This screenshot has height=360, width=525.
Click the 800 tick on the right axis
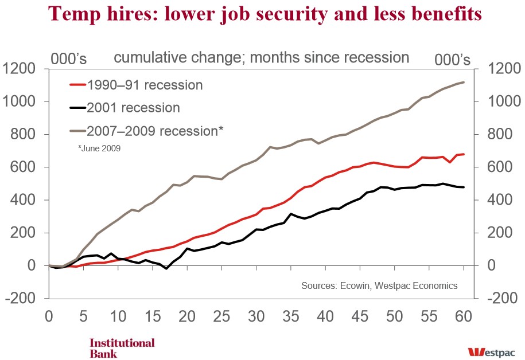click(499, 135)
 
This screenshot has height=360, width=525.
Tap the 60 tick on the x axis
click(464, 315)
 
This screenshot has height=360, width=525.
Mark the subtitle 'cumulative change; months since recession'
click(261, 58)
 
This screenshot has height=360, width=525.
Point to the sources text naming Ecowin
click(379, 285)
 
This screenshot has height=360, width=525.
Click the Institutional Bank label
click(122, 347)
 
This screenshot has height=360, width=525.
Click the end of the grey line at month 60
click(464, 83)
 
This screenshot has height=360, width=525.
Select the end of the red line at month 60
click(464, 154)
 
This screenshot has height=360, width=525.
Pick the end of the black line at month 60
click(464, 187)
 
